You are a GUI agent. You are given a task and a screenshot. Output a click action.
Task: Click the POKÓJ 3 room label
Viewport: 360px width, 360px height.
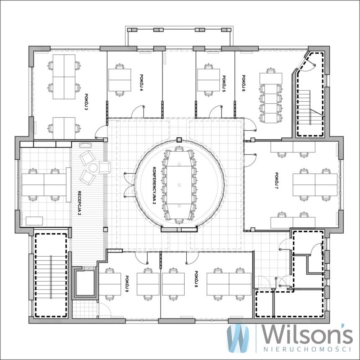[x=86, y=102]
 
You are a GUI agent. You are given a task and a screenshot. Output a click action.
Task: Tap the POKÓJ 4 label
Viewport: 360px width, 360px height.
[x=141, y=82]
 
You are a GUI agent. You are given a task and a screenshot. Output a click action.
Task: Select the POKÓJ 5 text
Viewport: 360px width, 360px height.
[x=224, y=84]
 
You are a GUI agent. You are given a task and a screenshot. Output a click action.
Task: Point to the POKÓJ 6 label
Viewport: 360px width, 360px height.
[x=243, y=83]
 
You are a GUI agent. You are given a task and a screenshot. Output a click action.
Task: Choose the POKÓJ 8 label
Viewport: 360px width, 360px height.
[x=196, y=279]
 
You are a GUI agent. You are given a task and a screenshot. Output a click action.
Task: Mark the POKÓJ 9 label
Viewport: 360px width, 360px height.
[x=127, y=284]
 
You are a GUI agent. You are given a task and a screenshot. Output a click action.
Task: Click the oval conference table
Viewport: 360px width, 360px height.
[x=179, y=185]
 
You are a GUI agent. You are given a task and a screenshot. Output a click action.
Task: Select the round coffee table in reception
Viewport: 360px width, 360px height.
[x=93, y=168]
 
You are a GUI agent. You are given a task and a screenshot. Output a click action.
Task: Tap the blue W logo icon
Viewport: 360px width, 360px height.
[x=238, y=338]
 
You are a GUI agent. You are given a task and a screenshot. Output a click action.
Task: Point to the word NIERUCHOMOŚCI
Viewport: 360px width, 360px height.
[x=307, y=350]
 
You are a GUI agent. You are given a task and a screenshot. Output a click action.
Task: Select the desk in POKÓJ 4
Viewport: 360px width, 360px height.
[x=120, y=80]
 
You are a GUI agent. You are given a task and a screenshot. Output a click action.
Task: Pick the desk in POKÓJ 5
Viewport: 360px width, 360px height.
[x=208, y=80]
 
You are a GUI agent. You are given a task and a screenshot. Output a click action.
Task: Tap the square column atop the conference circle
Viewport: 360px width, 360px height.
[x=179, y=140]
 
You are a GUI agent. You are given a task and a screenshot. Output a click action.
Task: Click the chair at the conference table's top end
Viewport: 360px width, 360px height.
[x=179, y=149]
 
